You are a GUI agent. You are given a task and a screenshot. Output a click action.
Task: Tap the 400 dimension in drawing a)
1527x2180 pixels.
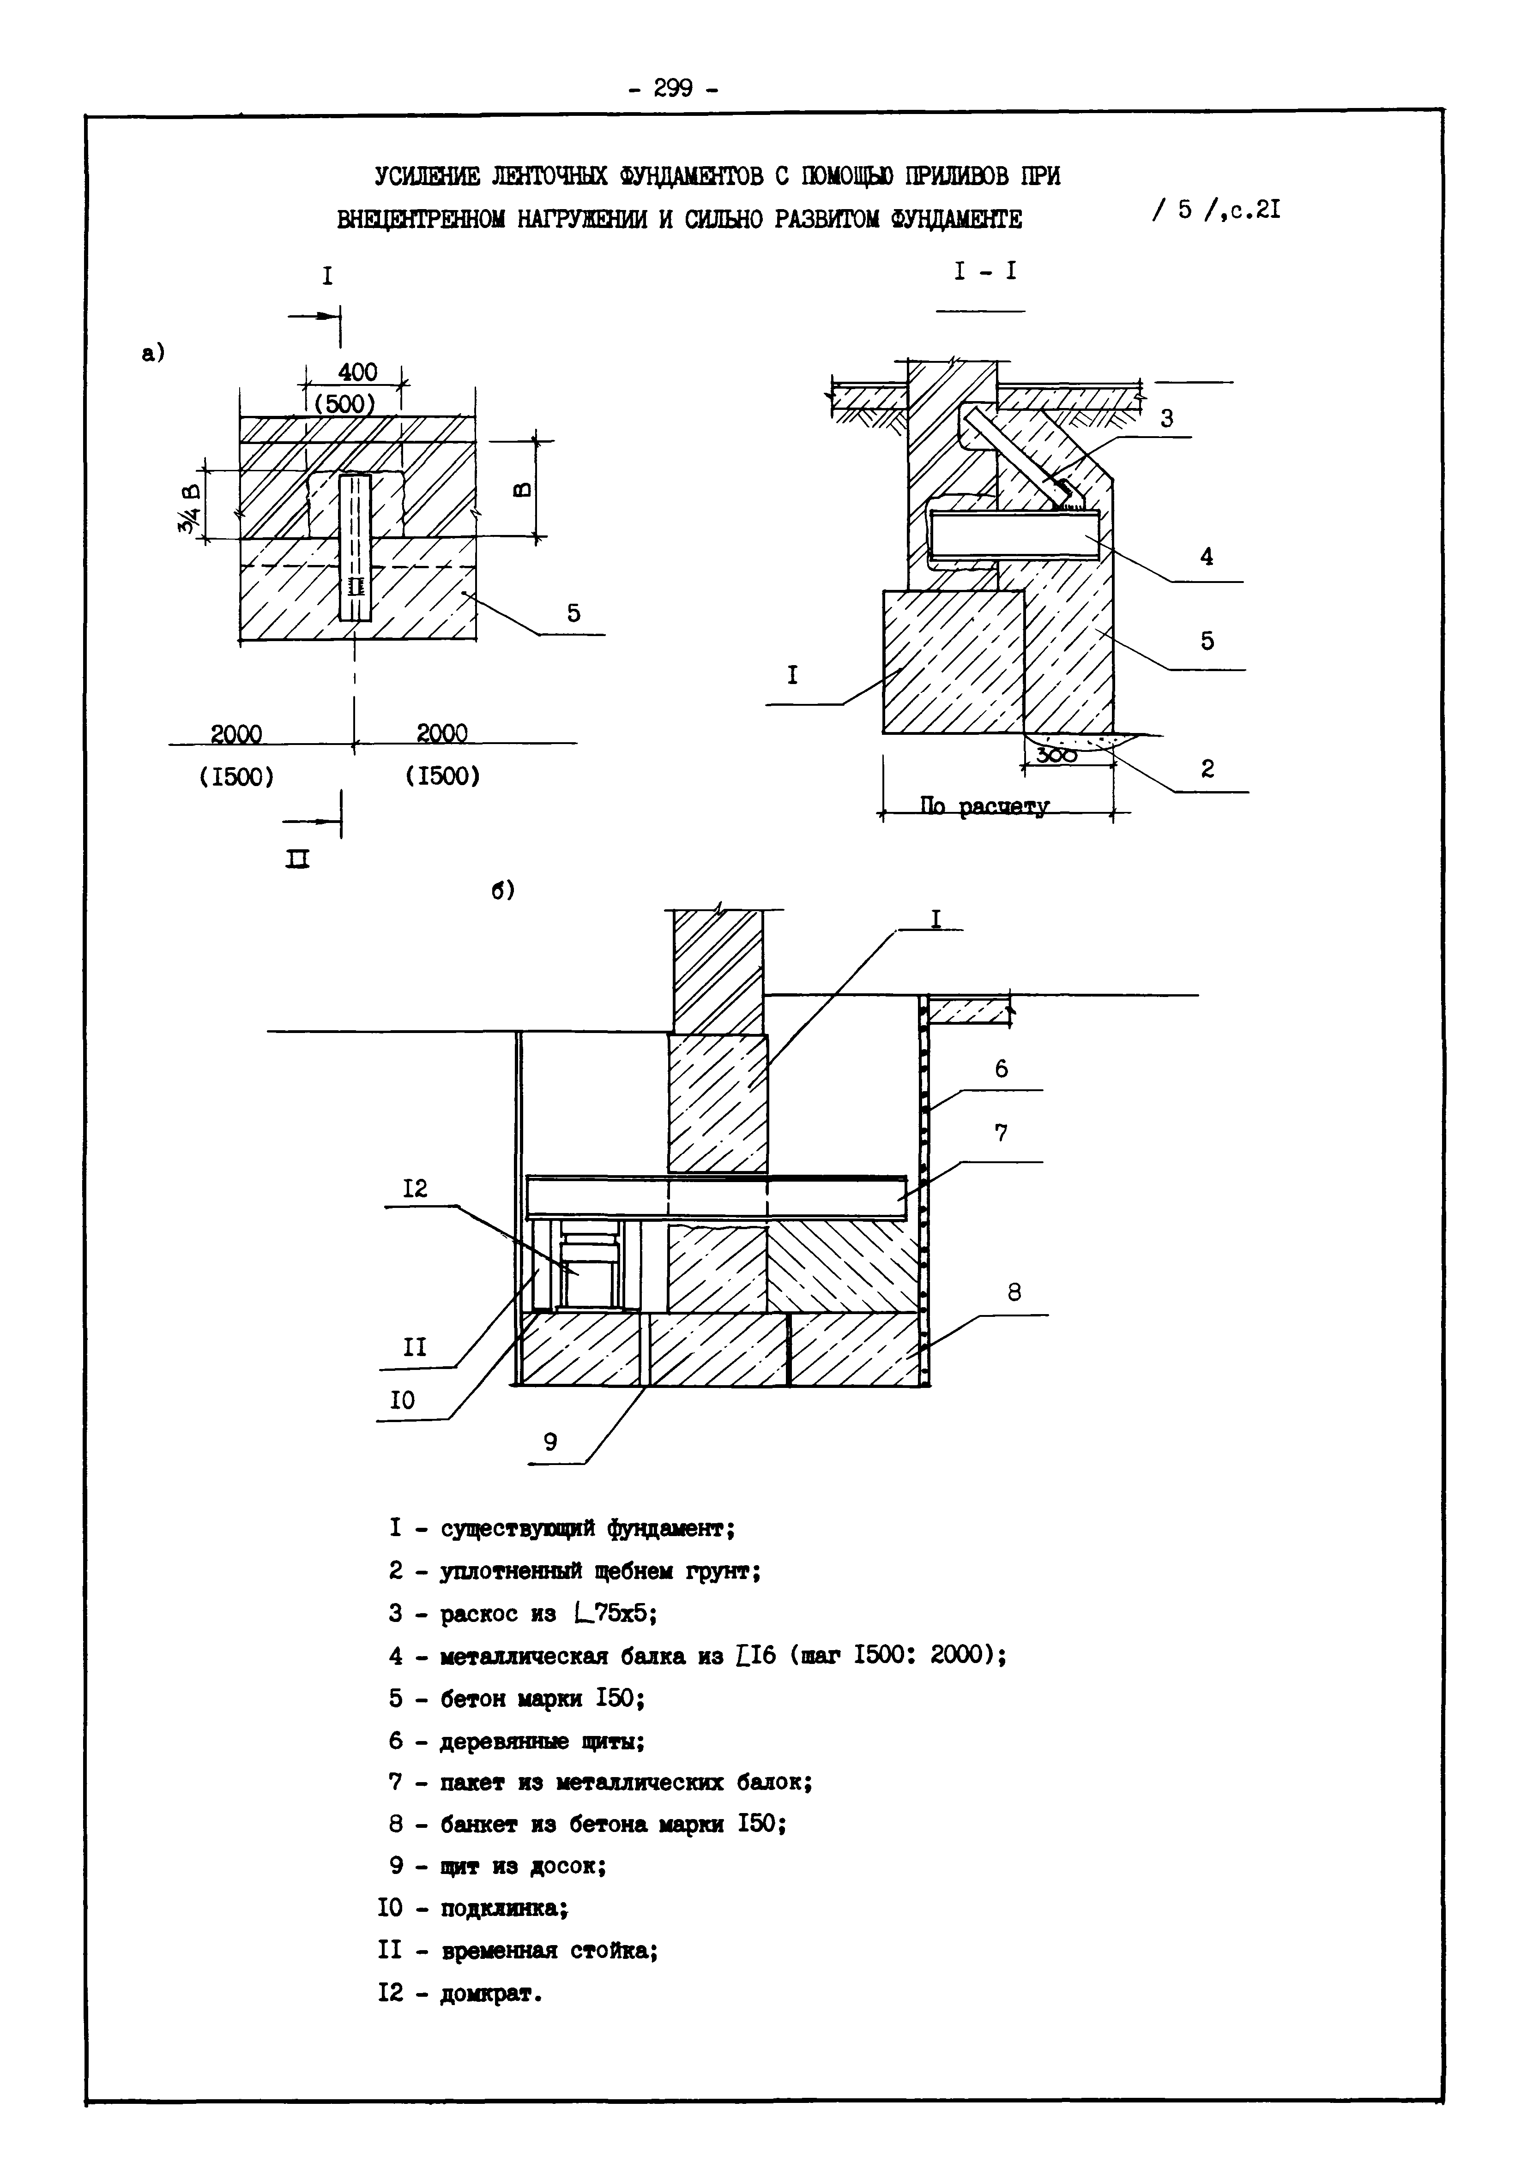point(357,372)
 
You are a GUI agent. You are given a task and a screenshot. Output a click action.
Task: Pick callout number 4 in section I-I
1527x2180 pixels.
point(1206,557)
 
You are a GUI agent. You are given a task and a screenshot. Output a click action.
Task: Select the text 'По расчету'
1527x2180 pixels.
point(985,807)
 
